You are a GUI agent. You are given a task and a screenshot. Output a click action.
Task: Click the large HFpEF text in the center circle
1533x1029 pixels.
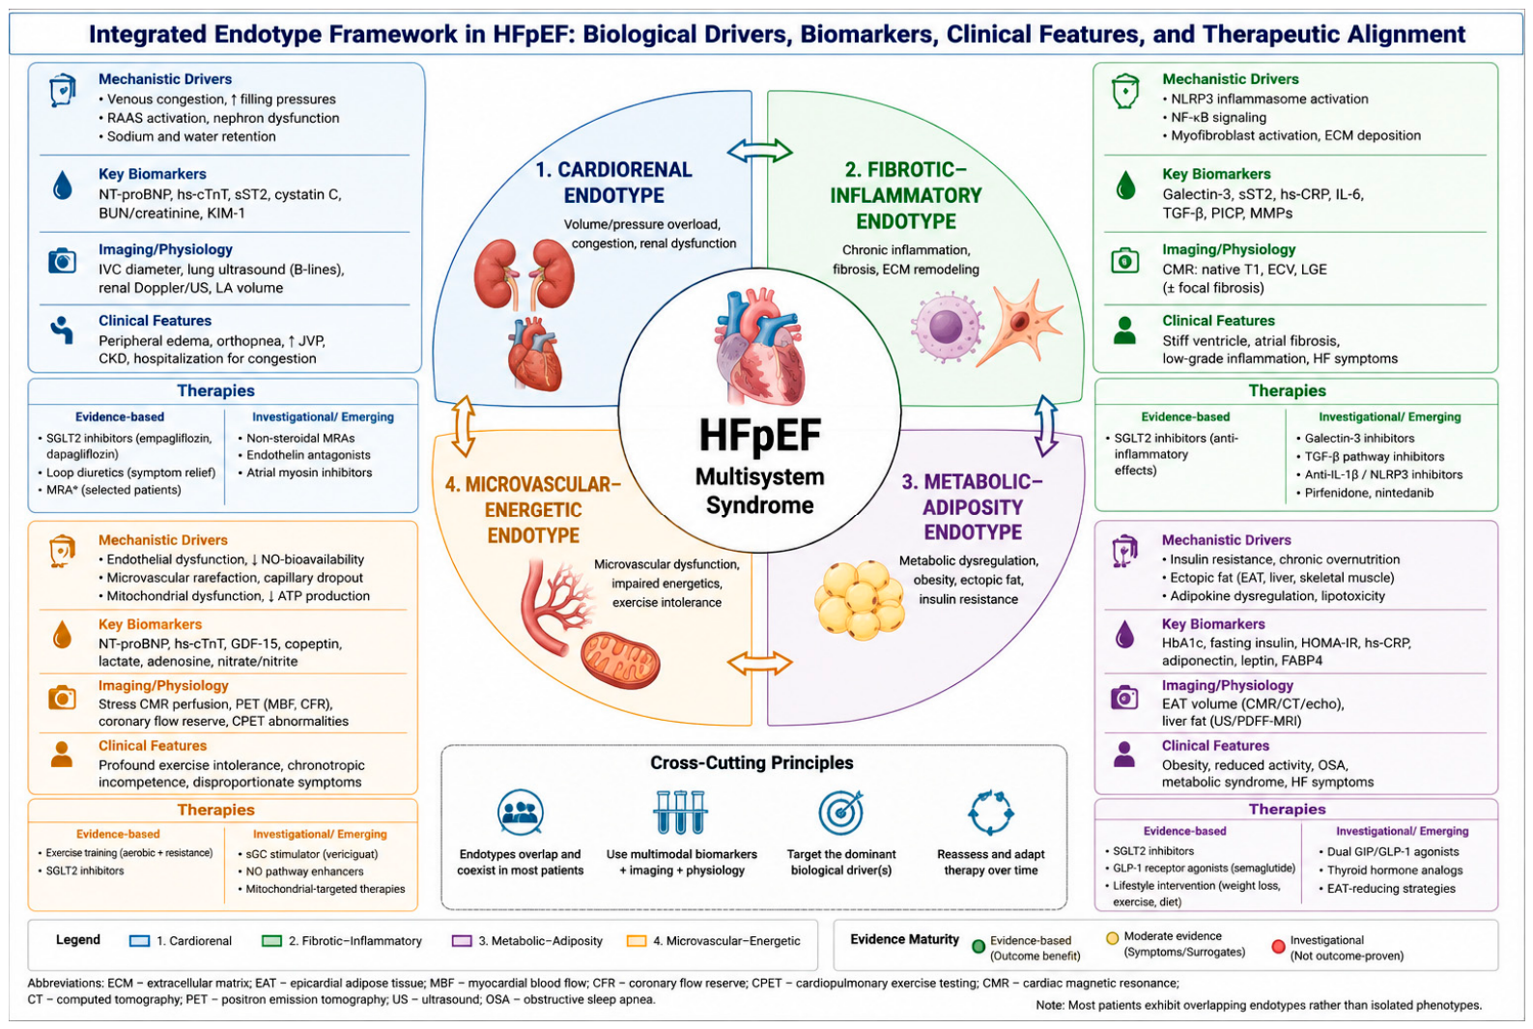point(759,436)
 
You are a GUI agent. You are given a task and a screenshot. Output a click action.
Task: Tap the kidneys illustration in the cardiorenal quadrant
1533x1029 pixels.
point(525,273)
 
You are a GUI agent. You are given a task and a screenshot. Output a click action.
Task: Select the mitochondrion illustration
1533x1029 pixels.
point(621,659)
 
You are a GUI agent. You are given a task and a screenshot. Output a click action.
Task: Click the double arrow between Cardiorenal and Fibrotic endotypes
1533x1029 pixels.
point(759,151)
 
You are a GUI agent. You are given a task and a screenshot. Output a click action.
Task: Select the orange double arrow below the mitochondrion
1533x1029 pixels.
point(759,663)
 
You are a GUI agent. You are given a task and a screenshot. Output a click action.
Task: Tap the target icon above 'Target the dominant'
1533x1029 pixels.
point(841,813)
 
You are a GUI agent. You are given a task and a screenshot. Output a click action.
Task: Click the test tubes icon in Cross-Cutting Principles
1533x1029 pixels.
point(680,813)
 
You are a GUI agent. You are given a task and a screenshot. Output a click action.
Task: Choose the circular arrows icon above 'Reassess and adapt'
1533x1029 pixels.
point(990,813)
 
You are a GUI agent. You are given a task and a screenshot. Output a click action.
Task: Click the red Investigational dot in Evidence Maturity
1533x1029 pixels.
point(1278,946)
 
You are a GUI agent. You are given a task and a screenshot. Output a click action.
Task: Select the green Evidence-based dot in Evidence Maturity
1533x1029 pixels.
point(979,946)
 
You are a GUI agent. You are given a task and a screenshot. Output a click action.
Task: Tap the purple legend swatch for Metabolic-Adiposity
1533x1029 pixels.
point(462,941)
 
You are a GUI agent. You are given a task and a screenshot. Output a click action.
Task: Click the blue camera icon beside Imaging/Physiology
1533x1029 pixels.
point(62,261)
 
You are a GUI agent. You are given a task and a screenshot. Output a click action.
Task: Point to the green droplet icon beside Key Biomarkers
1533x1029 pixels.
point(1125,185)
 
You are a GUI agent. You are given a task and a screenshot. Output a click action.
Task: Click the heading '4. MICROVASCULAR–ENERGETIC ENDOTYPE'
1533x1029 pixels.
point(533,510)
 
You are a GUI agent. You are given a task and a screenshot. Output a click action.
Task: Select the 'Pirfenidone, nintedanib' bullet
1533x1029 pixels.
point(1365,493)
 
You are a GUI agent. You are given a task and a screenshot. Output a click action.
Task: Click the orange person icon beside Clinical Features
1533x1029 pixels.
point(62,755)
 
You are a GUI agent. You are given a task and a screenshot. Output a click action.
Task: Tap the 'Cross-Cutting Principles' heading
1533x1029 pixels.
point(752,762)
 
